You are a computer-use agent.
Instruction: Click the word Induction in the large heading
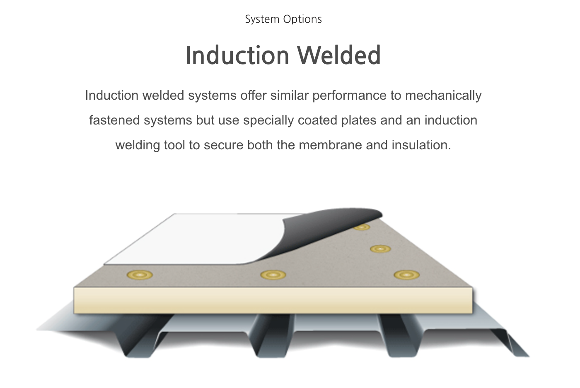[237, 55]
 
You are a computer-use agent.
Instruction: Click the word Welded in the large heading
[338, 55]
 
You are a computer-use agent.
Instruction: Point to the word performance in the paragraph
[350, 96]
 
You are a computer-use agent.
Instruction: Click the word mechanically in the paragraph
[443, 96]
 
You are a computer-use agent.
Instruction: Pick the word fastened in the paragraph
[114, 120]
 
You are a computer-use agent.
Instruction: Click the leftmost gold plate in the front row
[140, 275]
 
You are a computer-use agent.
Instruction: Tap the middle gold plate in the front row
[273, 275]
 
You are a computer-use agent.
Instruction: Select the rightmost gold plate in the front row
[406, 275]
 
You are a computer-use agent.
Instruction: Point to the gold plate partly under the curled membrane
[362, 227]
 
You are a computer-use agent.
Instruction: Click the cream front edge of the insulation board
[273, 300]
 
